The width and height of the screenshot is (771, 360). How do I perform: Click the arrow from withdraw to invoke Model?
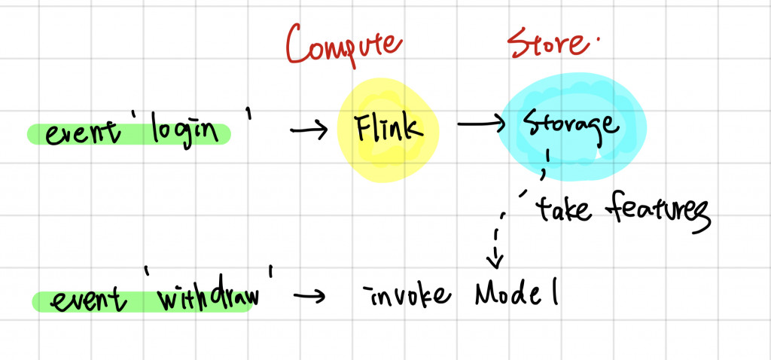[x=309, y=296]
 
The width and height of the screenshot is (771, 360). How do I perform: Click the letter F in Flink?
[x=364, y=128]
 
